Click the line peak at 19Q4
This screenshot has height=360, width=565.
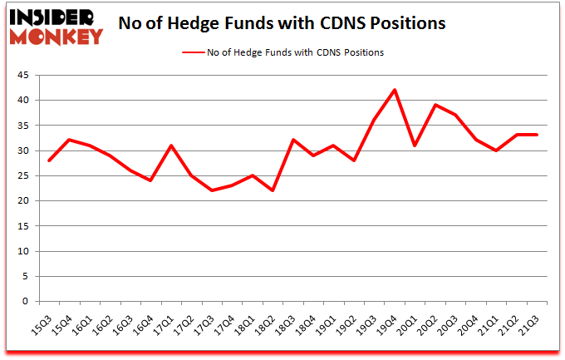tap(395, 90)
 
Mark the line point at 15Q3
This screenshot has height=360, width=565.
tap(49, 160)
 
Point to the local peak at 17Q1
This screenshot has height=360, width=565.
tap(171, 145)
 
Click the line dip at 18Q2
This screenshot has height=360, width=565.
tap(273, 190)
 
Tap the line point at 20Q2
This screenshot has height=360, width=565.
tap(435, 105)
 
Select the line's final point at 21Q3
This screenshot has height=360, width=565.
tap(537, 135)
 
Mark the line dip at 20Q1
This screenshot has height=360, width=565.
tap(415, 145)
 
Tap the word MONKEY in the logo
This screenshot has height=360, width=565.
tap(56, 36)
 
